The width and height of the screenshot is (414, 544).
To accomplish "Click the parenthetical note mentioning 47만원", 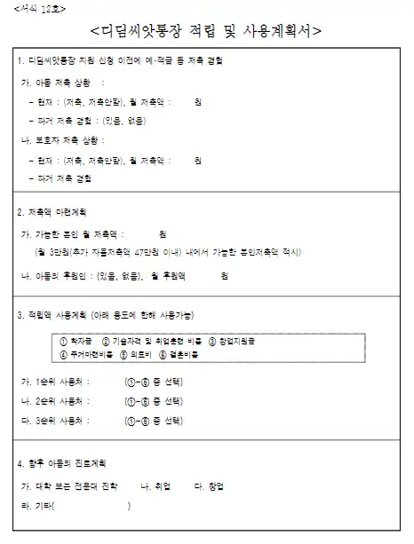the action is click(x=169, y=253).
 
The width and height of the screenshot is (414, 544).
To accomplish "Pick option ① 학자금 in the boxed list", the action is click(x=79, y=340).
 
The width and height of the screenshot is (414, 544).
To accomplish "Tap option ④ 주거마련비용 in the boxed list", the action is click(x=86, y=355).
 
